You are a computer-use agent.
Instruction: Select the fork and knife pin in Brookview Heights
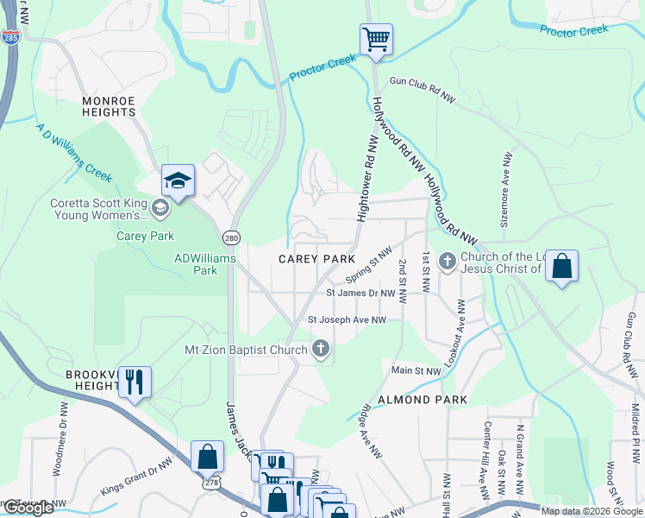(134, 382)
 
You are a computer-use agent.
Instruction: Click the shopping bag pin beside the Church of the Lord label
(561, 267)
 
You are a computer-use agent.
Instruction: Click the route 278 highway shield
(211, 485)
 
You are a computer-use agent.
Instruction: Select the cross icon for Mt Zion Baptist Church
(321, 350)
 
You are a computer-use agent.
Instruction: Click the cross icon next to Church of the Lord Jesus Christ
(448, 260)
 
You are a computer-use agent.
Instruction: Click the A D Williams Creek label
(73, 150)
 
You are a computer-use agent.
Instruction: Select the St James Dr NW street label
(361, 294)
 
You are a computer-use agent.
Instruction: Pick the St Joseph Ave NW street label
(347, 320)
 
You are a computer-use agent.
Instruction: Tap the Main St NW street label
(416, 371)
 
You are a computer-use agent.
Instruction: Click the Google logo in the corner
(28, 508)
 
